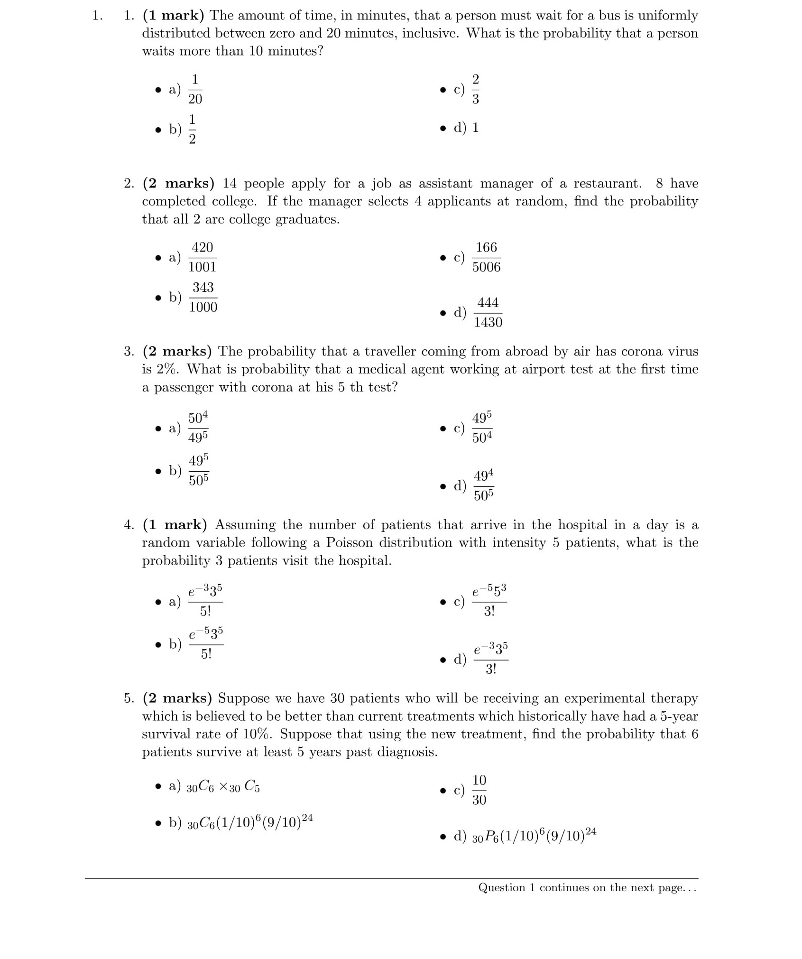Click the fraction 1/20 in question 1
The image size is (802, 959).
[195, 89]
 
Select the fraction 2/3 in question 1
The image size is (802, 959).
[475, 89]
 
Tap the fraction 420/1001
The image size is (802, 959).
[202, 257]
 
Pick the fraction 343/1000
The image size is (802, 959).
[203, 297]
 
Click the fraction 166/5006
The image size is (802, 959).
[486, 257]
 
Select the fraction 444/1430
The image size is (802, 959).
[488, 312]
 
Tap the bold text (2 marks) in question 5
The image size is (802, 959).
[177, 698]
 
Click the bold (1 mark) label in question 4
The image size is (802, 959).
[175, 525]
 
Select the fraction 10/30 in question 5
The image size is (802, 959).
[479, 790]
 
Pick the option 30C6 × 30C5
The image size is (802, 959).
[223, 787]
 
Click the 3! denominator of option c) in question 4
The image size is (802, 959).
[489, 612]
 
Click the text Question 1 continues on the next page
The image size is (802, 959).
[587, 888]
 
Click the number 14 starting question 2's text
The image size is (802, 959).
[230, 184]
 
